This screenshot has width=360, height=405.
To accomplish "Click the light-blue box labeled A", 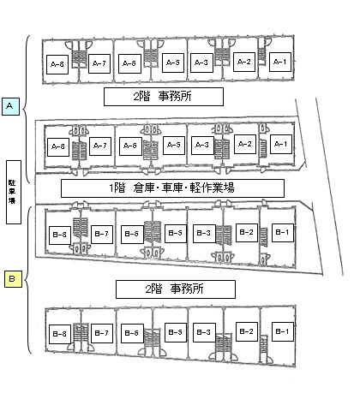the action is (x=10, y=106).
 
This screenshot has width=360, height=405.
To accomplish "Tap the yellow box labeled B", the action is (x=13, y=278).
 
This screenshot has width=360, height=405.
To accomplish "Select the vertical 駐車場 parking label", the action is (x=14, y=192).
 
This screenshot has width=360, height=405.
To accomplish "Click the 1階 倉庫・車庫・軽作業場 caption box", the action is (x=172, y=188).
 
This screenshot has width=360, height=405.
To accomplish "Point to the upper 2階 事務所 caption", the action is (x=164, y=97).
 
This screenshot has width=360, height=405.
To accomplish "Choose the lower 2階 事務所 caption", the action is (x=176, y=289).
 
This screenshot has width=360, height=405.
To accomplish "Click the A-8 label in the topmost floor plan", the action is (x=57, y=64).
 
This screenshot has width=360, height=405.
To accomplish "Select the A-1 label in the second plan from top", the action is (x=281, y=144).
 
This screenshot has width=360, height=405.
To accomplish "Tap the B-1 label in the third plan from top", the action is (x=283, y=233).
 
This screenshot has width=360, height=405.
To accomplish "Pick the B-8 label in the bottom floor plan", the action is (x=60, y=334).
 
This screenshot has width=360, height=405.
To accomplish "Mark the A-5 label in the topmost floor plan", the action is (x=173, y=63).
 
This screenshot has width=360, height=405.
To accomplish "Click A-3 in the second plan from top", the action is (x=202, y=146).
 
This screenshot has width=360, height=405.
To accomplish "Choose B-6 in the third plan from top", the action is (x=132, y=235).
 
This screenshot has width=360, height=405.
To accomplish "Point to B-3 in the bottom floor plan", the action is (x=204, y=332).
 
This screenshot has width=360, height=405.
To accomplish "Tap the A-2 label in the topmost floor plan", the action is (x=244, y=62).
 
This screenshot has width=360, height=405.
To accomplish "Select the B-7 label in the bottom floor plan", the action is (x=102, y=333).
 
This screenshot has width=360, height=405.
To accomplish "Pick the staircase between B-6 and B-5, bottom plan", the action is (x=153, y=339).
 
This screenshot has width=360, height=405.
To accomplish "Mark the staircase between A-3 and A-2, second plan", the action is (x=222, y=149).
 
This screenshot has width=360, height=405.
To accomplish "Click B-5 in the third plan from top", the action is (x=176, y=234).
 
